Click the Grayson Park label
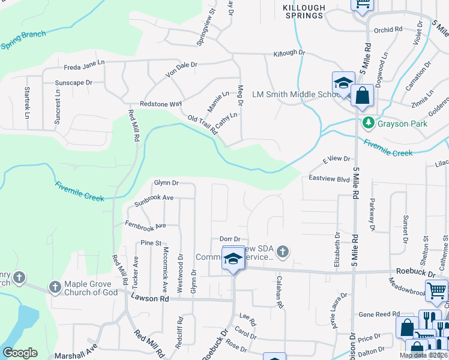coord(397,124)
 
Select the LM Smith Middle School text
coord(297,94)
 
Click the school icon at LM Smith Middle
coord(343,83)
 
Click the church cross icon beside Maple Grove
coord(55,287)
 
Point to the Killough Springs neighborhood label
coord(304,11)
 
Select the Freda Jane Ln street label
coord(84,62)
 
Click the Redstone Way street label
coord(160,104)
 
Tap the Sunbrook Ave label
coord(154,197)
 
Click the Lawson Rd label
coord(151,298)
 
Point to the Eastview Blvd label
coord(329,179)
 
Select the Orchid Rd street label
coord(387,29)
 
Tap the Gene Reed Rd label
coord(379,314)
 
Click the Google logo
coord(20,353)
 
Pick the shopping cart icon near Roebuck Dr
coord(436,290)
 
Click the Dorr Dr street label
coord(230,239)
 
